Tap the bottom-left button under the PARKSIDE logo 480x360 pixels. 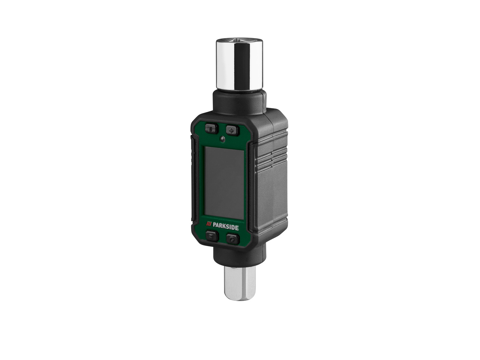tap(212, 236)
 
